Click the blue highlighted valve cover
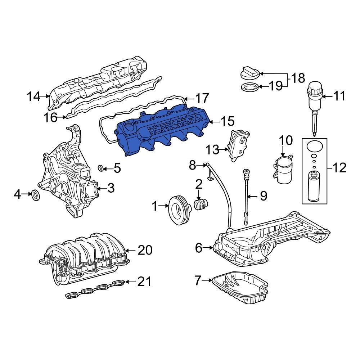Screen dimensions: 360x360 pos(162,130)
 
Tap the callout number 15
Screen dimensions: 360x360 pos(227,121)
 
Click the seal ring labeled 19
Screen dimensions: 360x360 pos(249,87)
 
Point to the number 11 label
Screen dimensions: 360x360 pos(339,96)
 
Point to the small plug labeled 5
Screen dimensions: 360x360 pos(102,167)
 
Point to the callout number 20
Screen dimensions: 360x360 pos(145,250)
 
